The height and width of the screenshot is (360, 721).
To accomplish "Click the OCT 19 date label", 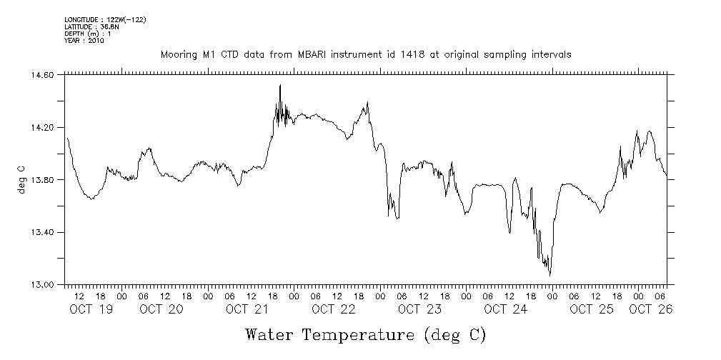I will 91,309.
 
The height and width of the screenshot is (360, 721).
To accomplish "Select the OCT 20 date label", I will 161,309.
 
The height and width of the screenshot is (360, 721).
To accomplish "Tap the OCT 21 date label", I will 247,309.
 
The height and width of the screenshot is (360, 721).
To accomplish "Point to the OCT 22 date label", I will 333,309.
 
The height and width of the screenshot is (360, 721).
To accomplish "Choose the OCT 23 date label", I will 419,309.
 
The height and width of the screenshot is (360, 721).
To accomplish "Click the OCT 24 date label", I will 505,309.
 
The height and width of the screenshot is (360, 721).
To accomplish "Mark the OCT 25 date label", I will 592,309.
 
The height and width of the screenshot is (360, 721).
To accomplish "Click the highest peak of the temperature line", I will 280,85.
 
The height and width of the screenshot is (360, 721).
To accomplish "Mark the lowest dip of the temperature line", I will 550,274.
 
